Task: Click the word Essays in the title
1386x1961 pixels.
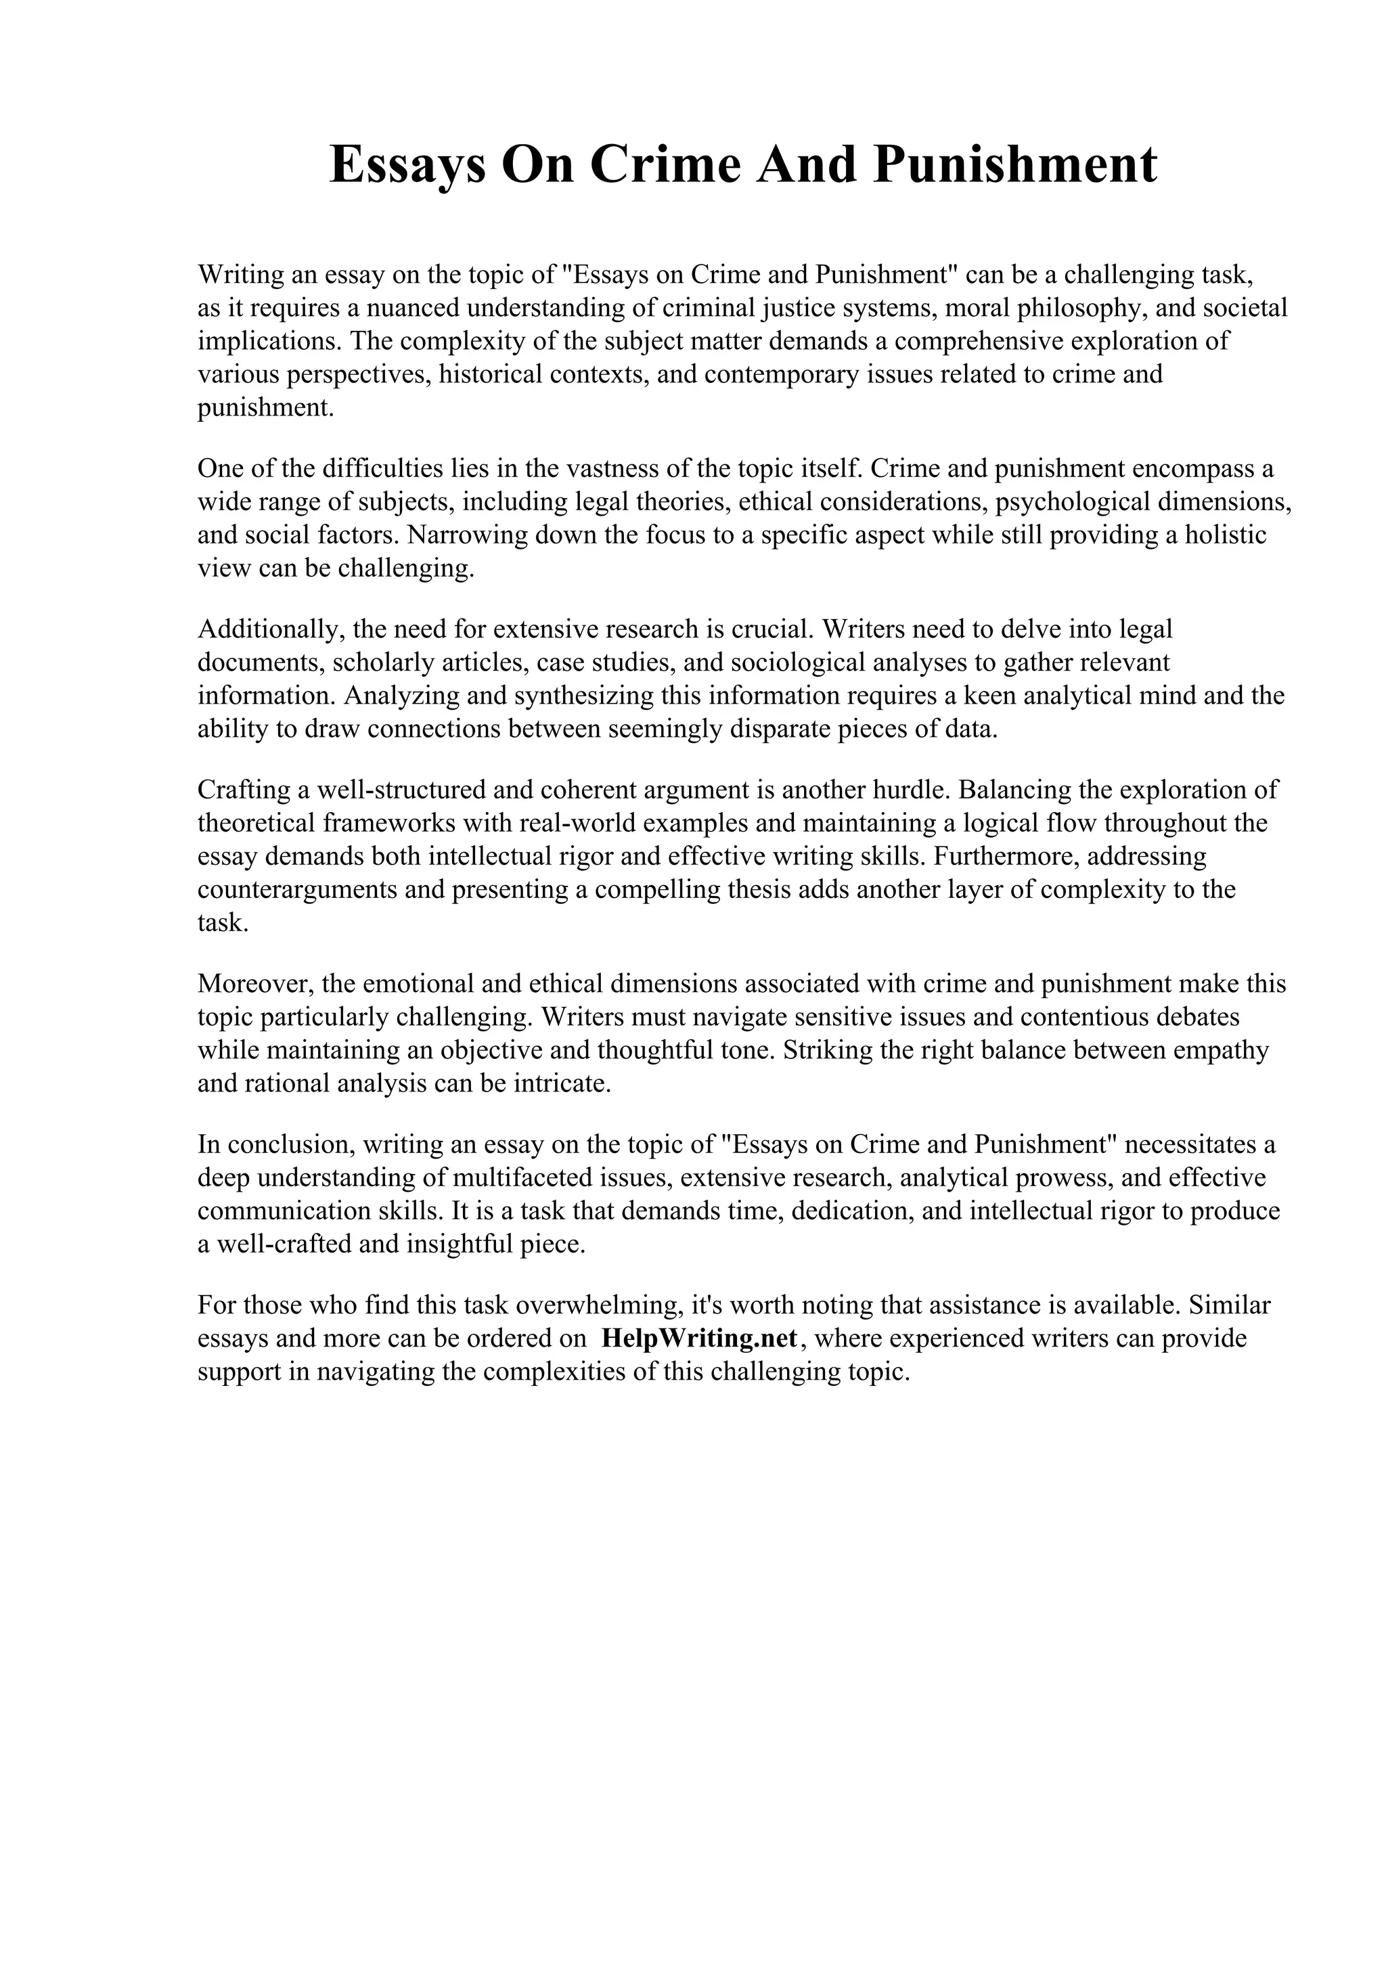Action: pyautogui.click(x=407, y=165)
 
